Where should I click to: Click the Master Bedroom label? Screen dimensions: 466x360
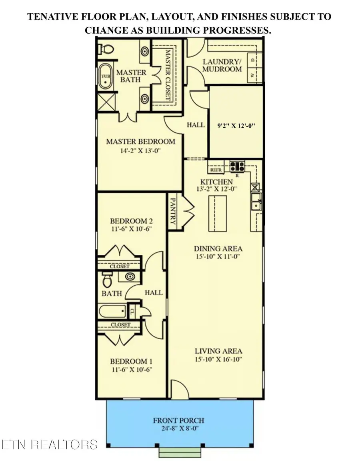click(140, 141)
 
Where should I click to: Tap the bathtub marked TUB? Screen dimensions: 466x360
click(105, 77)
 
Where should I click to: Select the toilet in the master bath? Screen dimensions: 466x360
click(105, 49)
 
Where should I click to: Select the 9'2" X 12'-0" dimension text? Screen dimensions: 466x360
click(236, 125)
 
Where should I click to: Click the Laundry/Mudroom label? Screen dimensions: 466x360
click(222, 65)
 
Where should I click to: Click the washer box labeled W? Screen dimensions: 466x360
click(253, 75)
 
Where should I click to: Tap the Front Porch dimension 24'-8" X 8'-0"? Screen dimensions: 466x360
click(178, 428)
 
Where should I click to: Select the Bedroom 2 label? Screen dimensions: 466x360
click(132, 221)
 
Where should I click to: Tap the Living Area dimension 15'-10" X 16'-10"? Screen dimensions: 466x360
click(218, 359)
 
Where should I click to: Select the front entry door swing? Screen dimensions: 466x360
click(178, 388)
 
